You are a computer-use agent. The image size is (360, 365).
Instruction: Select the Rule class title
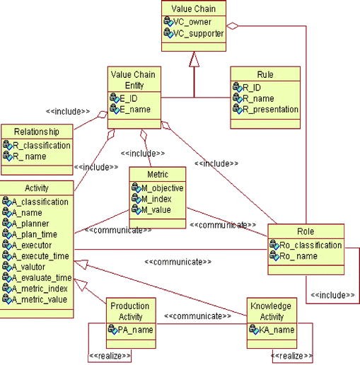pos(266,73)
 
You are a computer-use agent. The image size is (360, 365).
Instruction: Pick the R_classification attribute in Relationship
pos(41,145)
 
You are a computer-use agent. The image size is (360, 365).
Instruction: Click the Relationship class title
pos(35,131)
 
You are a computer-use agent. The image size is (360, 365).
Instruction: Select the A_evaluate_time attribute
pos(42,278)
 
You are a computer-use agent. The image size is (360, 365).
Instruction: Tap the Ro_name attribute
pos(298,255)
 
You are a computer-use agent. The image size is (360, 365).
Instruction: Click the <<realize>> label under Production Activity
pos(110,355)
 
